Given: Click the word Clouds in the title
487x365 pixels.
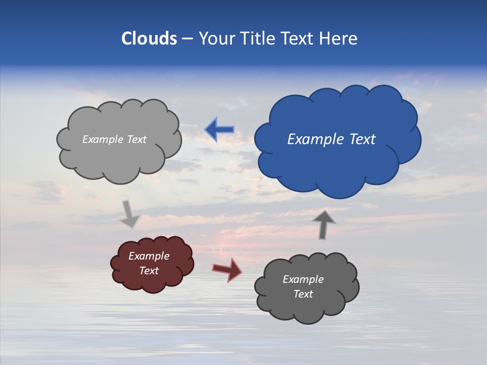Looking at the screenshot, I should tap(149, 39).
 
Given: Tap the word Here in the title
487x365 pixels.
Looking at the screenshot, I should tap(340, 39).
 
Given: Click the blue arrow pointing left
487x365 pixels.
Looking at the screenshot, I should tap(219, 130).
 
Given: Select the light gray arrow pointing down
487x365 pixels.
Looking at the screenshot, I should tap(130, 214).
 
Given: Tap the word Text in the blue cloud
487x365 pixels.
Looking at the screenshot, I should tap(362, 139).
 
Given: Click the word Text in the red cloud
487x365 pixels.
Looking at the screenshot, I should tap(149, 271).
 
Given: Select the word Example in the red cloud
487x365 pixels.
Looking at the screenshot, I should tap(149, 256).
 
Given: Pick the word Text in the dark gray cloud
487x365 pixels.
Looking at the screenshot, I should tap(303, 294).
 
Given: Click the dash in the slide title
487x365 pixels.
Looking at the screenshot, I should tap(187, 39).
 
